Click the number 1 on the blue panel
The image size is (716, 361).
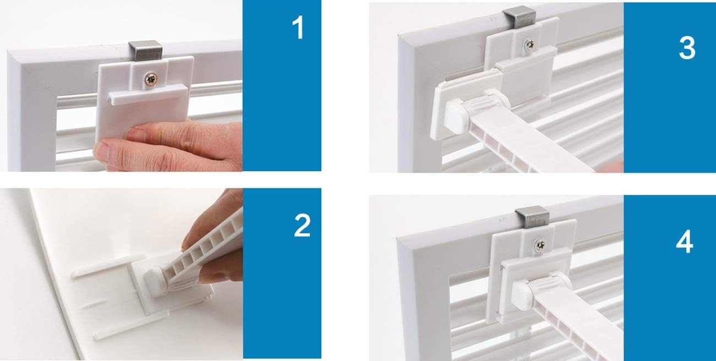[298, 29]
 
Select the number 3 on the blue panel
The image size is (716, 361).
[686, 48]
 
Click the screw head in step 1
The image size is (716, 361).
[150, 80]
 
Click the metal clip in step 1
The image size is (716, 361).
[143, 51]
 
